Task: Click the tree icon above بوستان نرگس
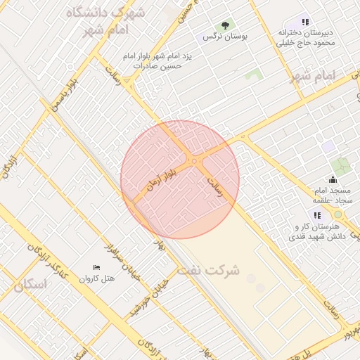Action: point(225,25)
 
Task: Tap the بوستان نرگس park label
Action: point(219,36)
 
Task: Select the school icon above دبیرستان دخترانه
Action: point(304,22)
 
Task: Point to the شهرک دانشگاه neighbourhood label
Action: point(109,13)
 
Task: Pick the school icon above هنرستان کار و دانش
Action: point(317,216)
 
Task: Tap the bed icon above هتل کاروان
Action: point(96,268)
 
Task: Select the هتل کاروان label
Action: point(98,278)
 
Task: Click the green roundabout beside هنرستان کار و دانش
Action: point(337,214)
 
